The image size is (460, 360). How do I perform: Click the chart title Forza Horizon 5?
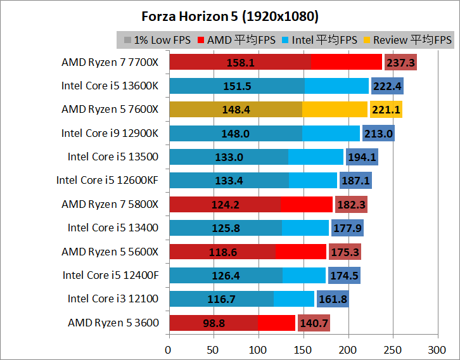(x=229, y=15)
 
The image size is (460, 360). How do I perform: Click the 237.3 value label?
(x=400, y=63)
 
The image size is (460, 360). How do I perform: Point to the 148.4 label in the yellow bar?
(x=236, y=110)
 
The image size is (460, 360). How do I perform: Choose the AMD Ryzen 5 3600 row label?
(x=113, y=323)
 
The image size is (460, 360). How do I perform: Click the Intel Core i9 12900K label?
(x=110, y=133)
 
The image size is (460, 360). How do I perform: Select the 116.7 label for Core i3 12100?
(x=222, y=299)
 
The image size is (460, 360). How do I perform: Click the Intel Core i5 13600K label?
(x=110, y=86)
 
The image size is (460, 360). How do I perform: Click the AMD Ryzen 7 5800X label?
(x=110, y=204)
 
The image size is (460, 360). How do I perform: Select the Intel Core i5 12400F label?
(x=111, y=275)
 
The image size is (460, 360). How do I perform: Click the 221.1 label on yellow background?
(x=385, y=110)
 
